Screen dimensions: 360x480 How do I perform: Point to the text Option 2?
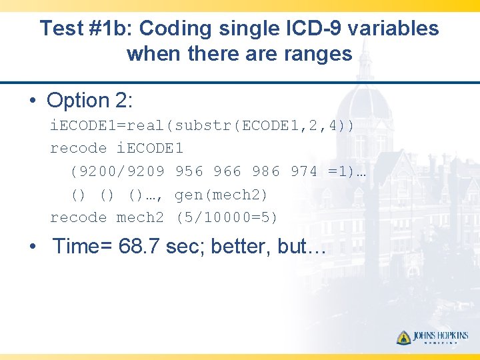click(90, 101)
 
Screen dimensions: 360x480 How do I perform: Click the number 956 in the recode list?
click(189, 171)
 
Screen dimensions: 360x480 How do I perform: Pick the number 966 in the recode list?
click(227, 171)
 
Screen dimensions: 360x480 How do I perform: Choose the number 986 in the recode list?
click(266, 171)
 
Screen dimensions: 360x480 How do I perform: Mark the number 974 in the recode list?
click(304, 171)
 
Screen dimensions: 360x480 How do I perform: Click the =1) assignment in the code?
click(341, 171)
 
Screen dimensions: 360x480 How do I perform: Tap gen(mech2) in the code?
click(221, 195)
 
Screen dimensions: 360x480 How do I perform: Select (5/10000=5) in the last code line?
click(227, 217)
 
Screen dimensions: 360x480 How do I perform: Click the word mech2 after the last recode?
click(140, 217)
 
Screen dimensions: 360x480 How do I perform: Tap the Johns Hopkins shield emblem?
click(404, 337)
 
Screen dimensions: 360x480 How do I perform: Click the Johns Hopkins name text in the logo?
click(441, 336)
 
